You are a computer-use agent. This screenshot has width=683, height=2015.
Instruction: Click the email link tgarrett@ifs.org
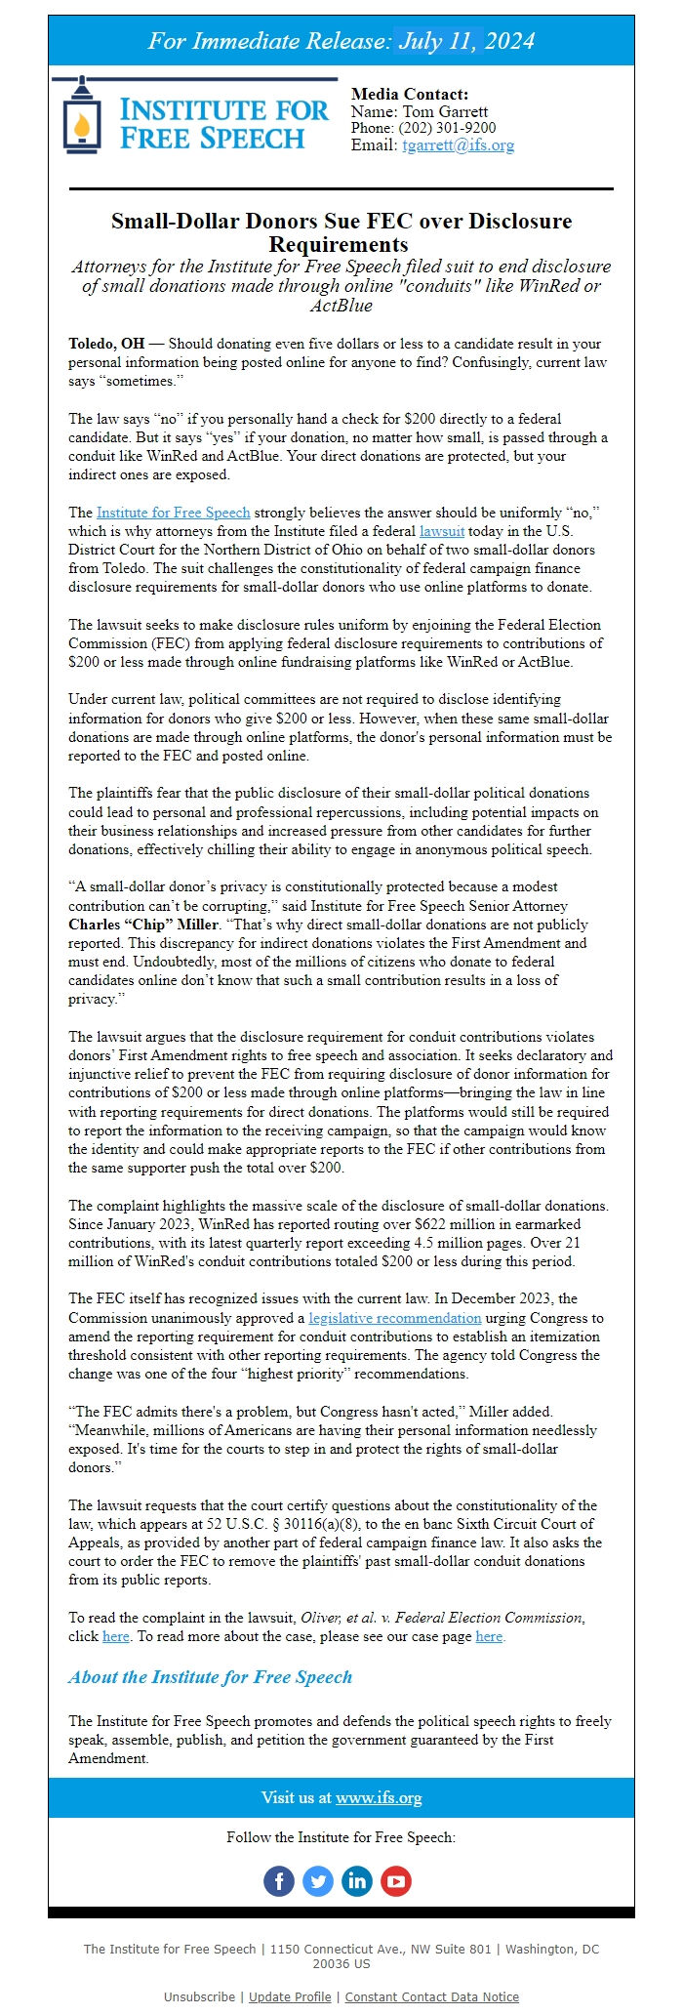click(x=458, y=145)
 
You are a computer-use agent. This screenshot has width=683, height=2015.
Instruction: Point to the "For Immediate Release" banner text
click(x=341, y=41)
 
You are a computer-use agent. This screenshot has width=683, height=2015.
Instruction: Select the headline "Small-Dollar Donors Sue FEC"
click(x=341, y=231)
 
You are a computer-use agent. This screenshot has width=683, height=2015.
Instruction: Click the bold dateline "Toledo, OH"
click(x=105, y=344)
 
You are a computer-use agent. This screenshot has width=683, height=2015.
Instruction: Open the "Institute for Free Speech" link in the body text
click(x=173, y=513)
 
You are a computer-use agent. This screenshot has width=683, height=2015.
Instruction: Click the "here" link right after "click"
click(x=115, y=1636)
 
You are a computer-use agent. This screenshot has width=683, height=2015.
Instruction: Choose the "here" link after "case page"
click(x=489, y=1636)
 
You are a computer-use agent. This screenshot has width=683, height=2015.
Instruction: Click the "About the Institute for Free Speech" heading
click(x=210, y=1677)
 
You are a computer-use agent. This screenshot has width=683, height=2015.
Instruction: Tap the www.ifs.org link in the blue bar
click(x=379, y=1797)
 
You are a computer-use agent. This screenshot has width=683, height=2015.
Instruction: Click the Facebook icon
click(x=279, y=1881)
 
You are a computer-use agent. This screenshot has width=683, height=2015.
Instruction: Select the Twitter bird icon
click(x=318, y=1881)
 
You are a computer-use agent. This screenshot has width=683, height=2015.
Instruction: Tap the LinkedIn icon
click(x=357, y=1881)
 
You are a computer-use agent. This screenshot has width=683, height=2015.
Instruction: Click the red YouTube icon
click(x=396, y=1881)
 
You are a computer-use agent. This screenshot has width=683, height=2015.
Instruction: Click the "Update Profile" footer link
click(x=290, y=1996)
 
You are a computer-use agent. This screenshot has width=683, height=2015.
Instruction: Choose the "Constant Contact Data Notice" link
click(x=431, y=1996)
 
